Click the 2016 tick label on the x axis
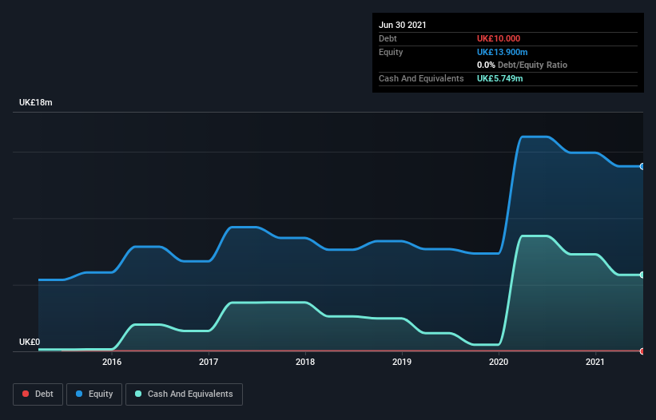click(x=112, y=362)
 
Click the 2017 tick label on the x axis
click(x=209, y=362)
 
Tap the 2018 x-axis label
click(x=305, y=362)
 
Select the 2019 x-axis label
click(x=402, y=362)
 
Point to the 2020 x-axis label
click(x=499, y=362)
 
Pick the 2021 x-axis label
click(x=595, y=362)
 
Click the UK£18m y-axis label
click(x=36, y=103)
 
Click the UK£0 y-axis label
click(x=30, y=342)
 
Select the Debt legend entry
click(x=38, y=394)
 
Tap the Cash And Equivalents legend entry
click(x=184, y=394)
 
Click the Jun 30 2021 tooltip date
click(x=403, y=25)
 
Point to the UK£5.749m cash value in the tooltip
click(x=500, y=78)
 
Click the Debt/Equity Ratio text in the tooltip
click(x=533, y=65)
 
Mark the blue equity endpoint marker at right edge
click(x=642, y=166)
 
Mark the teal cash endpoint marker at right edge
click(x=642, y=275)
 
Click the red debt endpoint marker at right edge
click(x=642, y=351)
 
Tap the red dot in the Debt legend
click(x=26, y=394)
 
